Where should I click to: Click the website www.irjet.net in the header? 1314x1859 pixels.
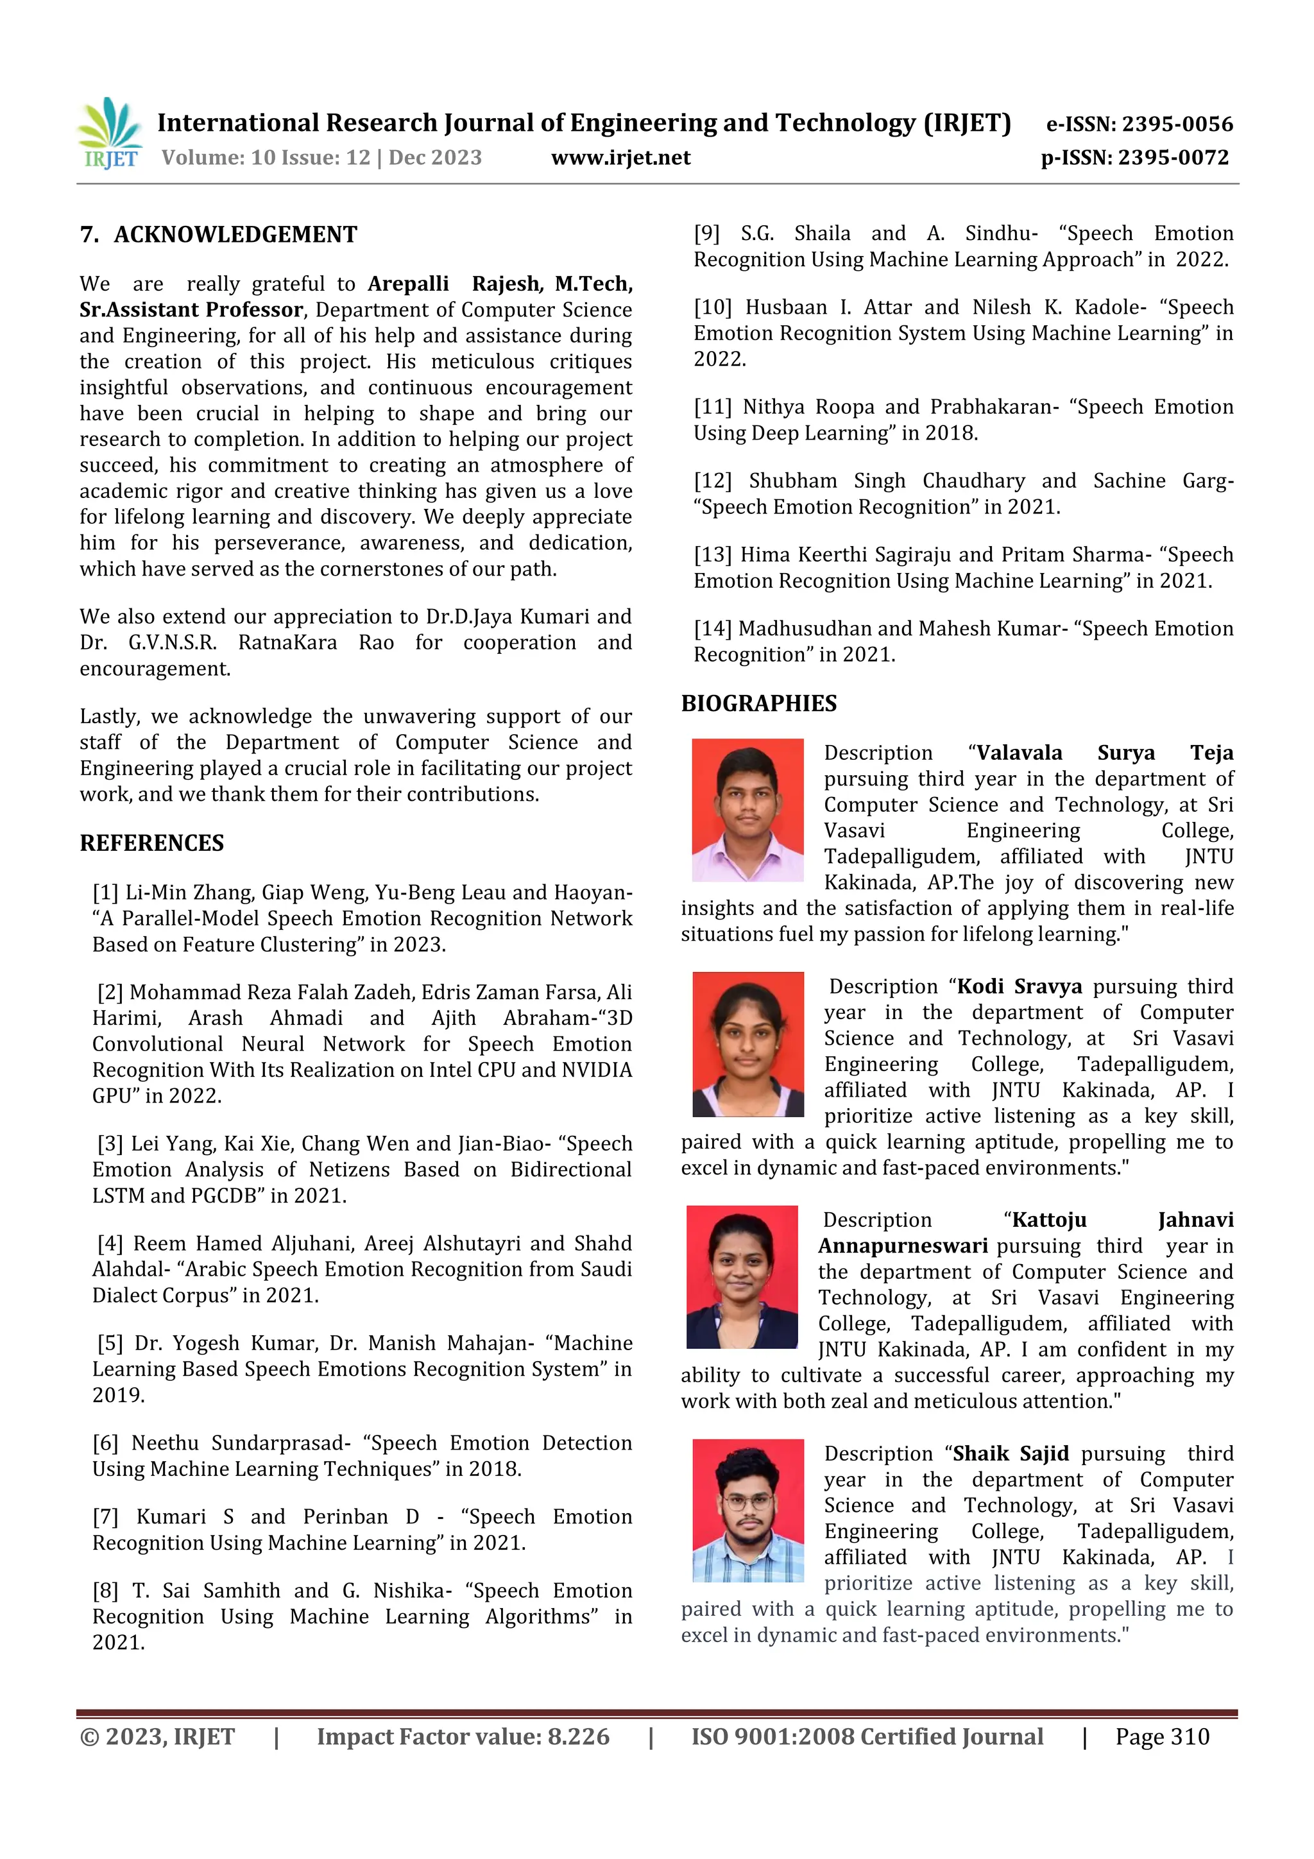coord(620,157)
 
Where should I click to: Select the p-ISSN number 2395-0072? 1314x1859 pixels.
coord(1173,157)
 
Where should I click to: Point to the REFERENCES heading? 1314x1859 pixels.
coord(151,843)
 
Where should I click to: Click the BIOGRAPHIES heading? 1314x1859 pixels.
coord(758,703)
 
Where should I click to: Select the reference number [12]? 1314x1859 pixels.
coord(712,481)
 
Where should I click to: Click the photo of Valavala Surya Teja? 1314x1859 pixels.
coord(747,810)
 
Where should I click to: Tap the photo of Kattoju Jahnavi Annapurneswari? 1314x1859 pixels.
coord(742,1277)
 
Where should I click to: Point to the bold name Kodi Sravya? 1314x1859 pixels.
coord(1020,986)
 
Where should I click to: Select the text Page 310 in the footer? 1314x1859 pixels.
coord(1162,1736)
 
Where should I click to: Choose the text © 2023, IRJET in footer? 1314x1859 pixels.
coord(157,1736)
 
